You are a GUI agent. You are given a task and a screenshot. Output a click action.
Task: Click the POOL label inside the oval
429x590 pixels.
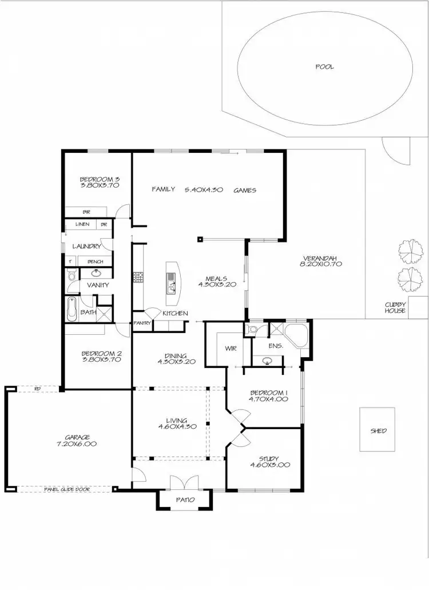tap(324, 67)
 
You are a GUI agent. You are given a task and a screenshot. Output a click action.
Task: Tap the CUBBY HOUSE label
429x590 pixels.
tap(395, 307)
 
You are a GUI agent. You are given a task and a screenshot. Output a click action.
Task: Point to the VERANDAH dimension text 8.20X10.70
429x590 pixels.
tap(320, 264)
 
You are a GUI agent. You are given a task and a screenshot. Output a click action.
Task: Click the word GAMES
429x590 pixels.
tap(244, 190)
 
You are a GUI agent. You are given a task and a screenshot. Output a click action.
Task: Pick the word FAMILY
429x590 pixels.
tap(163, 189)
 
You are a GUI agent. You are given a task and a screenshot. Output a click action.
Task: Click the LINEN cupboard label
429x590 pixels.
tap(82, 224)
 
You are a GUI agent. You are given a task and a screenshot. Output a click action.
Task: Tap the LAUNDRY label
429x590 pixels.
tap(87, 246)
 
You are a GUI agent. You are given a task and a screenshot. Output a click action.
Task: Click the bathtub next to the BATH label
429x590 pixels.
tap(71, 309)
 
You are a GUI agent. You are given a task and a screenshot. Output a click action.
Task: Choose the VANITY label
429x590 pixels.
tap(98, 284)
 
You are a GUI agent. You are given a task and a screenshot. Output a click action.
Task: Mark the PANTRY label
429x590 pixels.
tap(142, 323)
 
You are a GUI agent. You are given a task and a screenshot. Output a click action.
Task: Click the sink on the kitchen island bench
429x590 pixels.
tap(171, 279)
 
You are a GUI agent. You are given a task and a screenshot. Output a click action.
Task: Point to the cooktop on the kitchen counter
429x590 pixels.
tap(137, 278)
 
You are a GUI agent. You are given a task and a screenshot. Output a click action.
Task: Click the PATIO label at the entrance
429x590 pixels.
tap(185, 500)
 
